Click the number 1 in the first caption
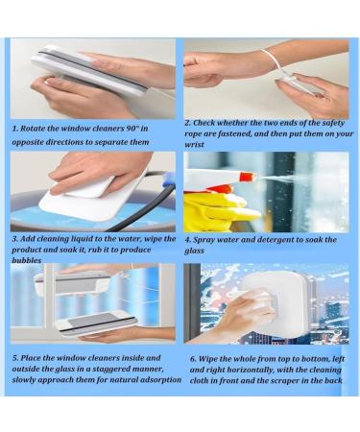coord(13,127)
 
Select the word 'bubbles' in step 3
coord(31,261)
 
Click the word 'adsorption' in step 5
coord(156,380)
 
